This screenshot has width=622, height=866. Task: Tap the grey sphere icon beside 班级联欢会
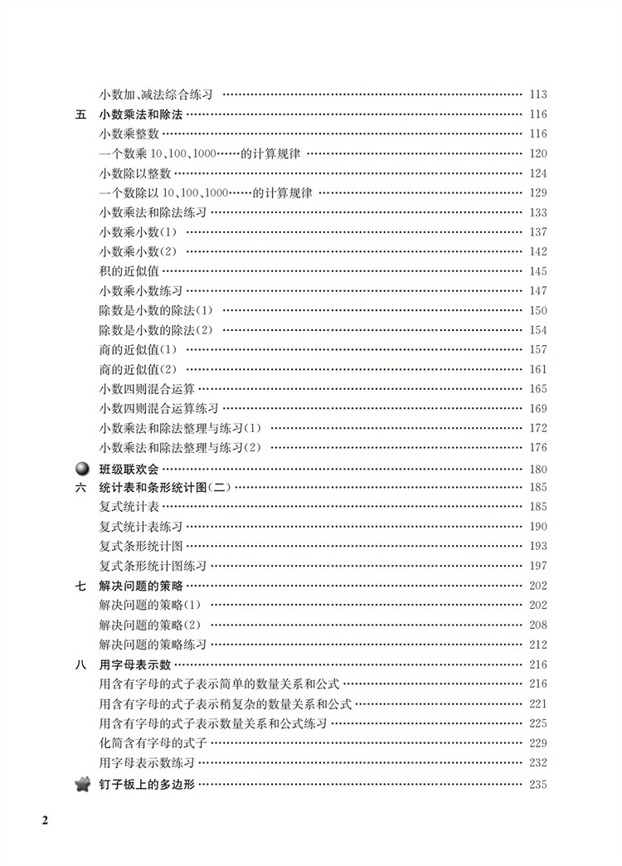point(81,468)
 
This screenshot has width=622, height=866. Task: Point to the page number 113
point(537,95)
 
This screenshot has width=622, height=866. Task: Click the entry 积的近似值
point(129,271)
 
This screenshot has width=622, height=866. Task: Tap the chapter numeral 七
point(80,586)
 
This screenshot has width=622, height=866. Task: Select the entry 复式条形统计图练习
point(153,566)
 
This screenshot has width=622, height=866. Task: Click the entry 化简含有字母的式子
point(153,742)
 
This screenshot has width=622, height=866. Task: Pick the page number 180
point(537,468)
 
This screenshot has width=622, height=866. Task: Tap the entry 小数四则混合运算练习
point(158,409)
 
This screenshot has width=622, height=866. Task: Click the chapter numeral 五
point(80,114)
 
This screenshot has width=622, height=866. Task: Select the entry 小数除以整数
point(134,173)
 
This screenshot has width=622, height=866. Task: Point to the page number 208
point(537,625)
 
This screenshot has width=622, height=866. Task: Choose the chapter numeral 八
point(80,664)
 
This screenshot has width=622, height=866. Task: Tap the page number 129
point(537,192)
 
